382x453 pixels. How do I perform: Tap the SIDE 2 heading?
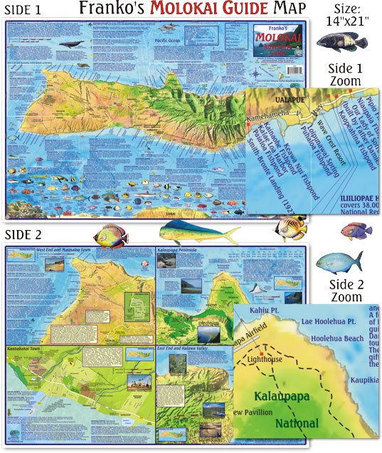(26, 234)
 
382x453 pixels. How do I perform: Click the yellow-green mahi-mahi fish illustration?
(186, 232)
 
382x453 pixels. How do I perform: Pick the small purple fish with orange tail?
(356, 229)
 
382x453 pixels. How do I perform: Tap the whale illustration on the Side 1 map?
(70, 43)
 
